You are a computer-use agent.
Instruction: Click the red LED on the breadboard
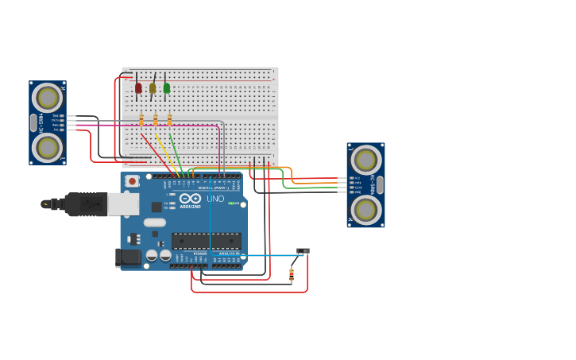pos(138,87)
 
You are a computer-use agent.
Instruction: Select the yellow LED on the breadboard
pos(153,87)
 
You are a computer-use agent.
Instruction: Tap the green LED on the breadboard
pos(166,87)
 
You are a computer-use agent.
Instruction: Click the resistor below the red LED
pos(141,120)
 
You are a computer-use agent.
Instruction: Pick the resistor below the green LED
pos(169,120)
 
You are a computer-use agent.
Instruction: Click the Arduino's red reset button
pos(132,181)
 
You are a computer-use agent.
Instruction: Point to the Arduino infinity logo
pos(190,199)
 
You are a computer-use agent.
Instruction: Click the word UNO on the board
pos(215,199)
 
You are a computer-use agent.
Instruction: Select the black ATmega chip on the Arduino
pos(207,240)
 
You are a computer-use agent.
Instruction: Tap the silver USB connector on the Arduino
pos(122,204)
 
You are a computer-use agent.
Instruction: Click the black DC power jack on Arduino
pos(128,257)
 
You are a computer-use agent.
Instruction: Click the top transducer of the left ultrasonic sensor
pos(48,98)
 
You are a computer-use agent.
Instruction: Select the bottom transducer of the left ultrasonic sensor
pos(48,147)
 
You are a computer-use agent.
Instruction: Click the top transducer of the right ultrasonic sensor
pos(365,160)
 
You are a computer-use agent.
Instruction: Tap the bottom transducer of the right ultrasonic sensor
pos(365,209)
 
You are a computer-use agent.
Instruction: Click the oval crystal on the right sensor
pos(380,184)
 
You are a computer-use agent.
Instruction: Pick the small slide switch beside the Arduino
pos(303,251)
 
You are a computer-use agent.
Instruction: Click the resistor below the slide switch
pos(292,275)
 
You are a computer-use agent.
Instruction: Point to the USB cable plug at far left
pos(48,204)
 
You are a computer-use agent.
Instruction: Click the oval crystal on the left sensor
pos(33,122)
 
